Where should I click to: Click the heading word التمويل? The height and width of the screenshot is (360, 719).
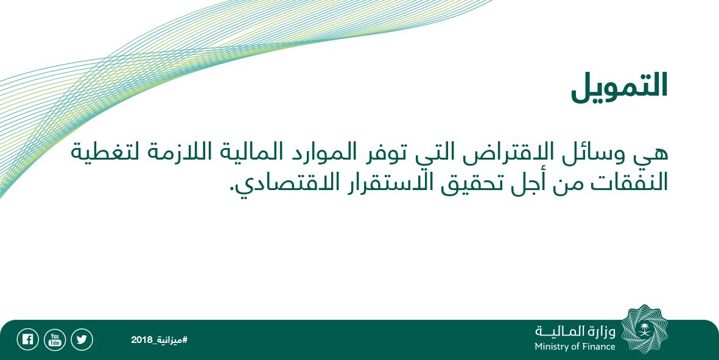click(x=619, y=87)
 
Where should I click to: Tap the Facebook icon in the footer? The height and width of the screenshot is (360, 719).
click(x=27, y=340)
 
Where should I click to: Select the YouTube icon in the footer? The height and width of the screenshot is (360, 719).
click(x=55, y=340)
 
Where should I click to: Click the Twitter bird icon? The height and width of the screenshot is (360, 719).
click(x=82, y=340)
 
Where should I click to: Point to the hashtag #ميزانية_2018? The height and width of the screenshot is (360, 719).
click(x=159, y=340)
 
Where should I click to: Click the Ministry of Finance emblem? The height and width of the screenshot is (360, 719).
click(x=645, y=329)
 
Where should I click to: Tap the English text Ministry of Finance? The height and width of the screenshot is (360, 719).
click(x=575, y=347)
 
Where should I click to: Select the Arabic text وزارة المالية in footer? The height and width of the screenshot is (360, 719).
click(x=575, y=331)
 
